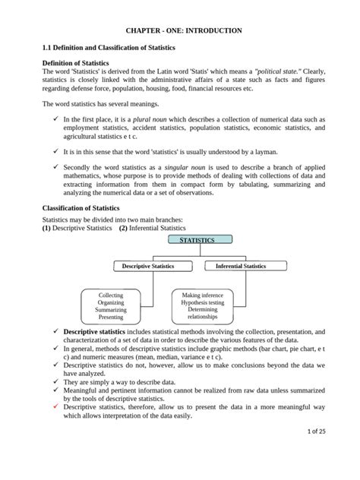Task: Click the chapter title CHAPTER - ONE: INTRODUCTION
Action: [179, 30]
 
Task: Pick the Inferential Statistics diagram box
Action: [240, 267]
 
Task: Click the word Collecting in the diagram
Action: [111, 295]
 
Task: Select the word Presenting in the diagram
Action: [111, 317]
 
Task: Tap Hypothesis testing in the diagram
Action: [202, 302]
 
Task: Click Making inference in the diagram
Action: [202, 295]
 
